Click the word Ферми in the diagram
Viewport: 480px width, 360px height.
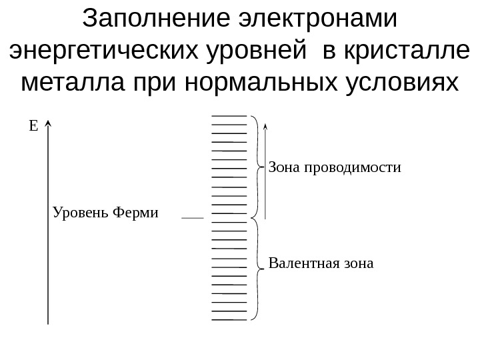[x=136, y=213]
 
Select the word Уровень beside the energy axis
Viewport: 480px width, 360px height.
[x=81, y=213]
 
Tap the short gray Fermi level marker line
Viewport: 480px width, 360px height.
[x=193, y=217]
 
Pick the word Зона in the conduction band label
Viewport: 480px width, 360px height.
[x=284, y=167]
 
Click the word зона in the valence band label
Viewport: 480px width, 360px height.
[x=357, y=263]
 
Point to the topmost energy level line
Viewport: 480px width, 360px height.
[x=229, y=117]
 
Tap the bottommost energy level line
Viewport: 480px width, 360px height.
[x=229, y=319]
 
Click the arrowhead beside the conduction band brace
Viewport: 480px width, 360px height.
[x=265, y=126]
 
